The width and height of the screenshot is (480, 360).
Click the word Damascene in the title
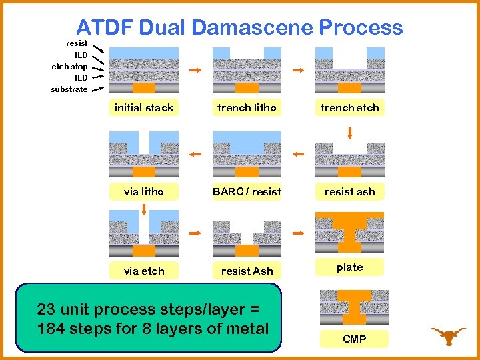253,27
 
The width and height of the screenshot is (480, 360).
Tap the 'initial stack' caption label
144,108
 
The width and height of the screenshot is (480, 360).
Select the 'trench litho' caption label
247,108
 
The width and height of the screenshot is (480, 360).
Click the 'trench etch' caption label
349,108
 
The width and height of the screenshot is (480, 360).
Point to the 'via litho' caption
144,192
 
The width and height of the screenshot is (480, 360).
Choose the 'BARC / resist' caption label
247,192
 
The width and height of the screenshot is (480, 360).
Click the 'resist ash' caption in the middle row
349,192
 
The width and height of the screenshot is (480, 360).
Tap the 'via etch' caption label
144,271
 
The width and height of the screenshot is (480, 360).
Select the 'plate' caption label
349,267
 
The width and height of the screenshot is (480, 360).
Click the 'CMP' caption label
354,339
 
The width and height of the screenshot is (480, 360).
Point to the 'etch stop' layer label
69,67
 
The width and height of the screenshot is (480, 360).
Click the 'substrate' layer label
69,89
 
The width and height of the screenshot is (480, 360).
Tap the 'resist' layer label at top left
77,43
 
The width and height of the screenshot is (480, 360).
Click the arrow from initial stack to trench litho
195,71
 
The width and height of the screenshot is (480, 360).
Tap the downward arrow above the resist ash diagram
350,133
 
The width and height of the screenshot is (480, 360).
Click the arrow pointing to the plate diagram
299,233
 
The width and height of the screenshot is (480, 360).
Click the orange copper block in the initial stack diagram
144,87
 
